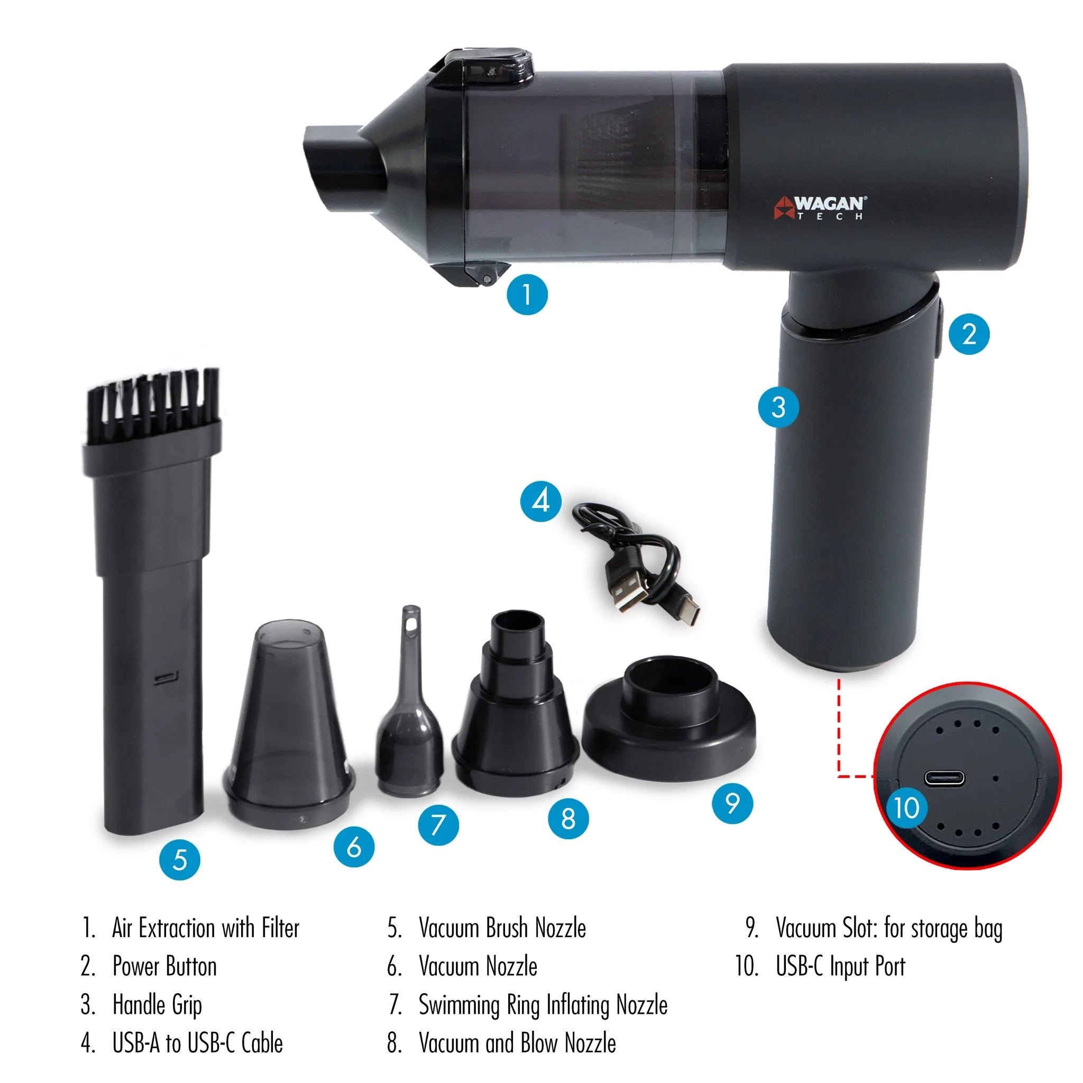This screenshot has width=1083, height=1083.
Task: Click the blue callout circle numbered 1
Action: click(x=527, y=295)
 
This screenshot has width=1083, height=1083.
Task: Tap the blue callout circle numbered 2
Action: click(x=969, y=334)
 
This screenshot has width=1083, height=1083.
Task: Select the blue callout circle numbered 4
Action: click(x=541, y=501)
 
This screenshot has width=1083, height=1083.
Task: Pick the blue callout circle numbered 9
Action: click(x=732, y=803)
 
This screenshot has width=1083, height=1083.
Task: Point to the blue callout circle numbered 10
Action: click(x=906, y=808)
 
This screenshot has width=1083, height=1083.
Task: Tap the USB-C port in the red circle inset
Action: click(x=944, y=778)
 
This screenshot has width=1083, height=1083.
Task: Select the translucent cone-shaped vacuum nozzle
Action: click(x=289, y=723)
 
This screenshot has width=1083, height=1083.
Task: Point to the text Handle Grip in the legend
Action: click(x=157, y=1005)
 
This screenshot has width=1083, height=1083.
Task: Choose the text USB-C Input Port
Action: click(x=840, y=967)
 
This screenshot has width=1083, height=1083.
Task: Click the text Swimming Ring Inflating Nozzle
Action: click(x=543, y=1005)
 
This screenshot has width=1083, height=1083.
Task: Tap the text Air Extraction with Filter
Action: click(x=206, y=928)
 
